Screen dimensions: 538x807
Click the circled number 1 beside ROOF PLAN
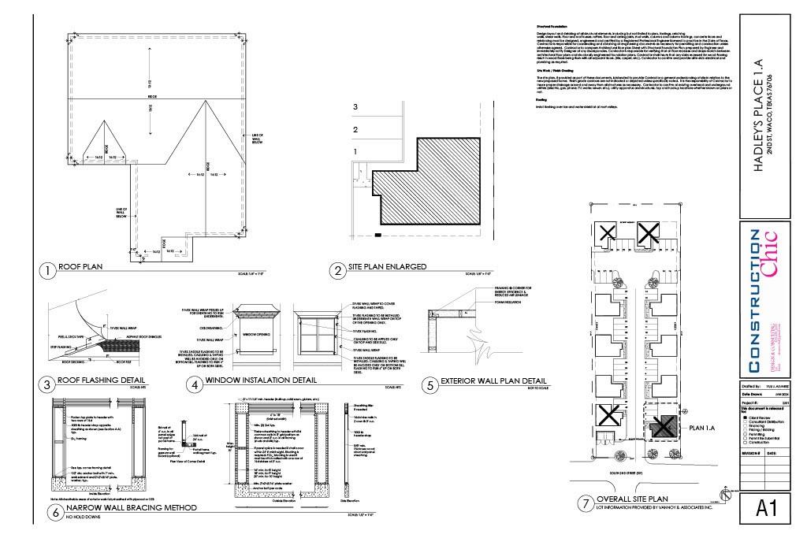pyautogui.click(x=48, y=271)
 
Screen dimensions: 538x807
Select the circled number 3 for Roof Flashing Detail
pyautogui.click(x=48, y=384)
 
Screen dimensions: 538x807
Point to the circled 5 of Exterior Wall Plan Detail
pyautogui.click(x=430, y=384)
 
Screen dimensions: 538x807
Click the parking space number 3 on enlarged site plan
pyautogui.click(x=355, y=106)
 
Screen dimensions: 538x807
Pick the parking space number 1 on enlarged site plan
pyautogui.click(x=355, y=151)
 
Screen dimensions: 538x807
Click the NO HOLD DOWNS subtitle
pyautogui.click(x=84, y=518)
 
